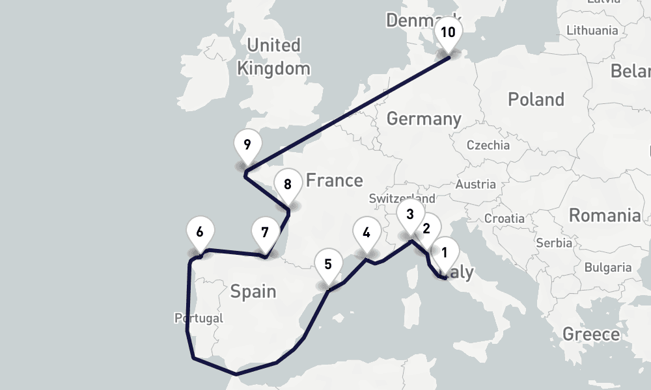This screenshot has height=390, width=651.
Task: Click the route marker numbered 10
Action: pyautogui.click(x=449, y=32)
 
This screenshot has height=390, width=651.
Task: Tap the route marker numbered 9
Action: pyautogui.click(x=247, y=145)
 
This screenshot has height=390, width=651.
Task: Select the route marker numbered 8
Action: pyautogui.click(x=287, y=184)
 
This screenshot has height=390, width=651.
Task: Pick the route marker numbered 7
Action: pyautogui.click(x=264, y=232)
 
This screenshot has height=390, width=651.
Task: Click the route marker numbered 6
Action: pyautogui.click(x=200, y=232)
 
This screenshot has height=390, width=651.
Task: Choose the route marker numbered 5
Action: pyautogui.click(x=327, y=265)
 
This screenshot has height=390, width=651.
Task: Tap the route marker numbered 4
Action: pyautogui.click(x=367, y=232)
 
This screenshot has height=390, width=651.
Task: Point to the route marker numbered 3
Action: pyautogui.click(x=409, y=214)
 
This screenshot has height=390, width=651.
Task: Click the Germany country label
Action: pyautogui.click(x=424, y=119)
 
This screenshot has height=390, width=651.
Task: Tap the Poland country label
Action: pyautogui.click(x=536, y=99)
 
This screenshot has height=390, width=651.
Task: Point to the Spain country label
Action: pyautogui.click(x=253, y=291)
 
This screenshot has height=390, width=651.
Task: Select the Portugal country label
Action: pyautogui.click(x=199, y=318)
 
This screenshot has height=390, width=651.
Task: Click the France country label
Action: pyautogui.click(x=334, y=180)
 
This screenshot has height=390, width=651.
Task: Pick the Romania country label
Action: pyautogui.click(x=605, y=215)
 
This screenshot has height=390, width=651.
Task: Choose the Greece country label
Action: pyautogui.click(x=591, y=335)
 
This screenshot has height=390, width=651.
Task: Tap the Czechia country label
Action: pyautogui.click(x=488, y=145)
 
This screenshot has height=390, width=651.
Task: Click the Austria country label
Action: pyautogui.click(x=476, y=185)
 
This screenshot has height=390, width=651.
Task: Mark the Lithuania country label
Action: pyautogui.click(x=592, y=31)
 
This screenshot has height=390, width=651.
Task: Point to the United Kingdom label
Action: pyautogui.click(x=273, y=57)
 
